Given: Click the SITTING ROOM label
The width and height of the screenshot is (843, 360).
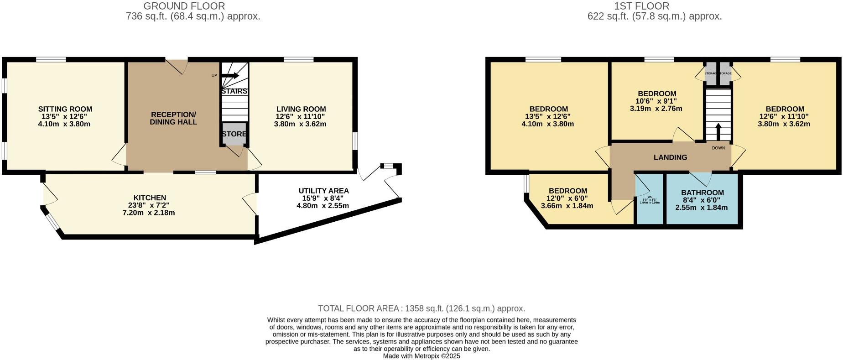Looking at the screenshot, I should click(65, 109).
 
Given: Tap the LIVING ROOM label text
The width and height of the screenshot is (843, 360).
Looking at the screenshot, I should click(301, 109).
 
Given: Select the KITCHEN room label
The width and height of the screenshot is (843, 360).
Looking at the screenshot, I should click(150, 198).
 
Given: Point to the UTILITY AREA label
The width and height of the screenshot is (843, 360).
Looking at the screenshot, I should click(323, 191).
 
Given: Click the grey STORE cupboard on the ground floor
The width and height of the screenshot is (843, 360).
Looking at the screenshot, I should click(234, 134).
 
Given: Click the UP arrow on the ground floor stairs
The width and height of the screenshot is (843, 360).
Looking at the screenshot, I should click(230, 76).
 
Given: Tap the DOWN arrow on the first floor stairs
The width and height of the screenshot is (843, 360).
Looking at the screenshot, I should click(718, 132).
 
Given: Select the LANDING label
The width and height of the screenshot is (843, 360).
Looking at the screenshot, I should click(670, 157).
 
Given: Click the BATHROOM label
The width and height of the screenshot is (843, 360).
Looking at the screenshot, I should click(702, 193).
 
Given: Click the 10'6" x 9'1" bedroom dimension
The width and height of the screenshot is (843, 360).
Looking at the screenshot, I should click(656, 101).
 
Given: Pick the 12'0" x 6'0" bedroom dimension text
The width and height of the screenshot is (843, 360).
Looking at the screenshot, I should click(567, 198).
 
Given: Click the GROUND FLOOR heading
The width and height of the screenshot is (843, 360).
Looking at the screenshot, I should click(184, 6).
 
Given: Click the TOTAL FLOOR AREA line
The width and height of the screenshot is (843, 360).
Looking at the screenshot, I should click(421, 308).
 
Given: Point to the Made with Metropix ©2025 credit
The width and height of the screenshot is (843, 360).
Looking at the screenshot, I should click(421, 356).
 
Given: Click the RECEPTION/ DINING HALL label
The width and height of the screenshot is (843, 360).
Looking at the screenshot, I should click(173, 118).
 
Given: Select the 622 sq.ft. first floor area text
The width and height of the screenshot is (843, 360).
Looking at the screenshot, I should click(655, 16).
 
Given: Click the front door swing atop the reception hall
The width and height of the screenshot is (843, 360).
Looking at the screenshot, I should click(177, 67).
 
